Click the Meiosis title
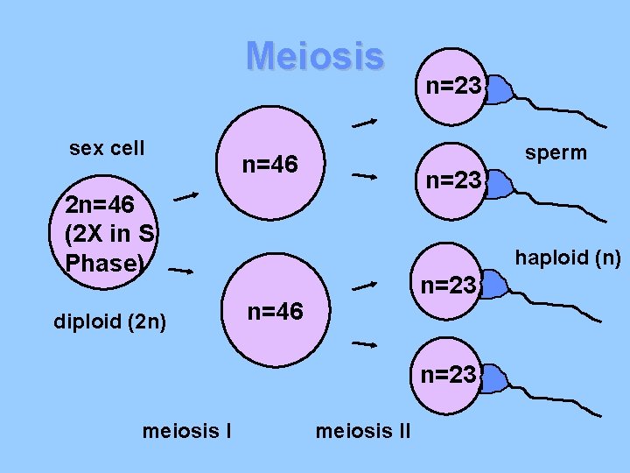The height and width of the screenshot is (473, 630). [314, 56]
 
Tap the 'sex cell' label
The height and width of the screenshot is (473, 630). [107, 148]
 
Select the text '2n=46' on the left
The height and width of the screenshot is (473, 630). [100, 205]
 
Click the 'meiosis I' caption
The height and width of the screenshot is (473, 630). [185, 430]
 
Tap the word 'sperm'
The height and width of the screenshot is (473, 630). [556, 153]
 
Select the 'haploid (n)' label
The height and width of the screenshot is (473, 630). [568, 258]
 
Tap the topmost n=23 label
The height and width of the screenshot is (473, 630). [452, 86]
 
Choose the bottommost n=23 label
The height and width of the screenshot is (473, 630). [449, 375]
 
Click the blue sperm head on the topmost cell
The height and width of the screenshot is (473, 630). [500, 88]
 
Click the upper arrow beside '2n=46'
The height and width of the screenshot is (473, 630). [185, 197]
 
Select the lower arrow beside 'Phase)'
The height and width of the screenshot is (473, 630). [180, 271]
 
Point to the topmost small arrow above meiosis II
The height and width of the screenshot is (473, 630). [365, 124]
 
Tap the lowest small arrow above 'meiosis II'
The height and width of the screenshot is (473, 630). [364, 344]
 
